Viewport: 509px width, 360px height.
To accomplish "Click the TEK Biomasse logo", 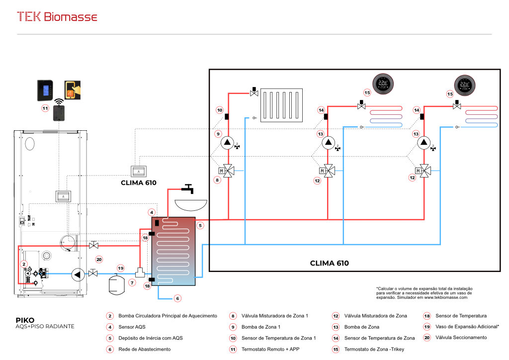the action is click(x=57, y=17).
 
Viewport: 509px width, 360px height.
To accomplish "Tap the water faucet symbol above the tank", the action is click(x=188, y=188).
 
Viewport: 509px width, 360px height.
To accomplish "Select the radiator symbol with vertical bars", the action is click(x=281, y=105).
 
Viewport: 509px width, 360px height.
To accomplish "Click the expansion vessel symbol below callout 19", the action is click(x=116, y=284).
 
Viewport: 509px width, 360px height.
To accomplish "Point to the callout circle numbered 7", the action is click(x=132, y=283).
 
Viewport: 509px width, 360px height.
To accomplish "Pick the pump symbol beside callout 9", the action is click(x=227, y=143).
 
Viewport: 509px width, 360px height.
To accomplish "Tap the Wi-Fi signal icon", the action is click(x=59, y=101).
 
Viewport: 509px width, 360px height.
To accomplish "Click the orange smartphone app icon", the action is click(x=73, y=90).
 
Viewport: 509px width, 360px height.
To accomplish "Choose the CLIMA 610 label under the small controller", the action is click(x=139, y=183).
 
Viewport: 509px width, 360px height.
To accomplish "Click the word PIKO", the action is click(x=25, y=320).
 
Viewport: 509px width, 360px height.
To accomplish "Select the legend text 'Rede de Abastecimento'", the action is click(x=145, y=349).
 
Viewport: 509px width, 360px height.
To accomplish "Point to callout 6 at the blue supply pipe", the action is click(x=177, y=298).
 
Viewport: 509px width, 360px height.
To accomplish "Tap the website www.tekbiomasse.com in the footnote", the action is click(x=446, y=297).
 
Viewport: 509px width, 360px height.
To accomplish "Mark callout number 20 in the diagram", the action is click(x=99, y=260).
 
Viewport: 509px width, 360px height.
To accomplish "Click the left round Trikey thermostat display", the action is click(x=383, y=84).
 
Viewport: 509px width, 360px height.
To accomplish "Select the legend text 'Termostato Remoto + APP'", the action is click(x=270, y=349).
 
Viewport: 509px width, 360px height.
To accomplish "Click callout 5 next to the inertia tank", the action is click(x=200, y=225).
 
